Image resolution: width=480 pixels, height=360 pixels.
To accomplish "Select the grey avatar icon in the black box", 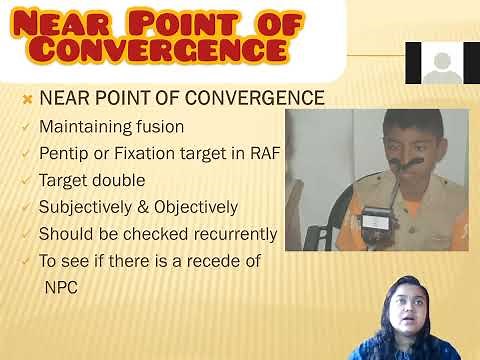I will tap(441, 65).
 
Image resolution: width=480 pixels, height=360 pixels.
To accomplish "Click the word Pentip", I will tap(64, 154).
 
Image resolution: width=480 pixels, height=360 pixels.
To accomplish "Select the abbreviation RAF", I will tap(261, 154).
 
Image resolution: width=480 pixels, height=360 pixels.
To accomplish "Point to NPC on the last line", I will tap(60, 287).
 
